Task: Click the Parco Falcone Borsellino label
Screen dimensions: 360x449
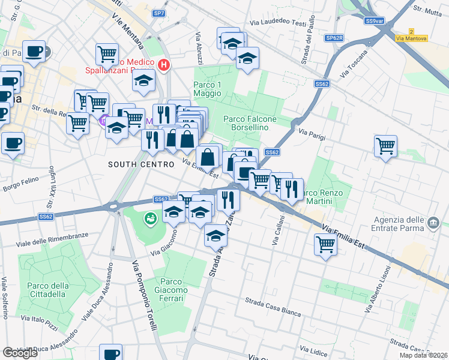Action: [x=250, y=123]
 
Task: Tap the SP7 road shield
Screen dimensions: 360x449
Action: [x=158, y=13]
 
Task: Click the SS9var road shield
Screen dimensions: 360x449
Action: [x=374, y=21]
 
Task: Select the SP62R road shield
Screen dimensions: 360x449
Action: [x=334, y=38]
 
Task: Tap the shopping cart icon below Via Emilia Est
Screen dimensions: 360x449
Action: [x=325, y=243]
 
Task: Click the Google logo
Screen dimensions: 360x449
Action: [x=20, y=353]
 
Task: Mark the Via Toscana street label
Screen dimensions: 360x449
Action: [x=353, y=67]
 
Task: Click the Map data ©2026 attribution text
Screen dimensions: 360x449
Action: [x=423, y=355]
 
